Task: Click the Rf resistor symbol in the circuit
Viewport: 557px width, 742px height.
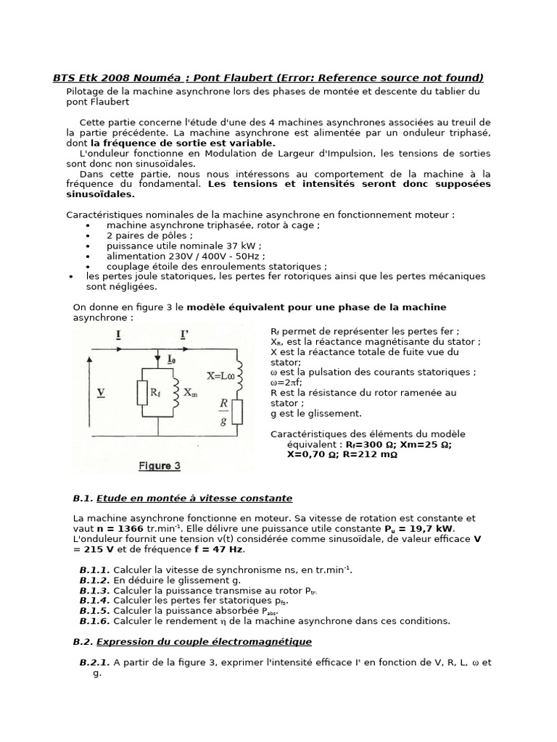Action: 143,393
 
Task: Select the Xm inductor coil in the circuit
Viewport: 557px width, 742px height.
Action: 174,392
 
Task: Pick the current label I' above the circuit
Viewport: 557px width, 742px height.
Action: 185,334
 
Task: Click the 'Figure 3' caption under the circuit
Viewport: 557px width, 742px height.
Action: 160,466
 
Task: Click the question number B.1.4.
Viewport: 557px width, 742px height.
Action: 94,601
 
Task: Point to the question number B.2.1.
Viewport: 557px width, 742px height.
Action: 94,662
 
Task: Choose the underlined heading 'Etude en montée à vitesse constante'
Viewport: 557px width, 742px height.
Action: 194,499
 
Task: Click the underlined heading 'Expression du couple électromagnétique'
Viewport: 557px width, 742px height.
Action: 204,641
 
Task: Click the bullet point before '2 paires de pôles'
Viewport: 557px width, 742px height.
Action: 88,235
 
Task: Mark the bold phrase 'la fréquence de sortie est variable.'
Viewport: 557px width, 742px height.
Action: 183,143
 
